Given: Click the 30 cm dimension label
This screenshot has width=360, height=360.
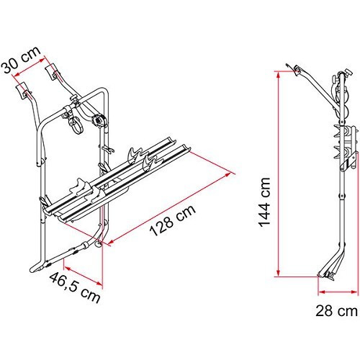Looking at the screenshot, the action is [21, 60].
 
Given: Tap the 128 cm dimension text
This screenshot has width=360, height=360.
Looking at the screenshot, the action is [173, 220].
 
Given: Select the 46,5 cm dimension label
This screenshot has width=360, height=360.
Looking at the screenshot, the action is [75, 288].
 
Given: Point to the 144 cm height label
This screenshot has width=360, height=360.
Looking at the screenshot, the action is [264, 202].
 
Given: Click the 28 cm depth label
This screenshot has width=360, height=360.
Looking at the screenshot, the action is [336, 311].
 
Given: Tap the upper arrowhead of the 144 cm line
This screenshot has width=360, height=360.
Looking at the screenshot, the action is [278, 75].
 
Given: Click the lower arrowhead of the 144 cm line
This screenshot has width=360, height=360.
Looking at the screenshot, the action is [278, 273].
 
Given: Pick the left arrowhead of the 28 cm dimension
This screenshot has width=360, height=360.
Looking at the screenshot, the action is [321, 292].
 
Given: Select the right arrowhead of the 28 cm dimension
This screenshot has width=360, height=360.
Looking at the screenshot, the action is [354, 292].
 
